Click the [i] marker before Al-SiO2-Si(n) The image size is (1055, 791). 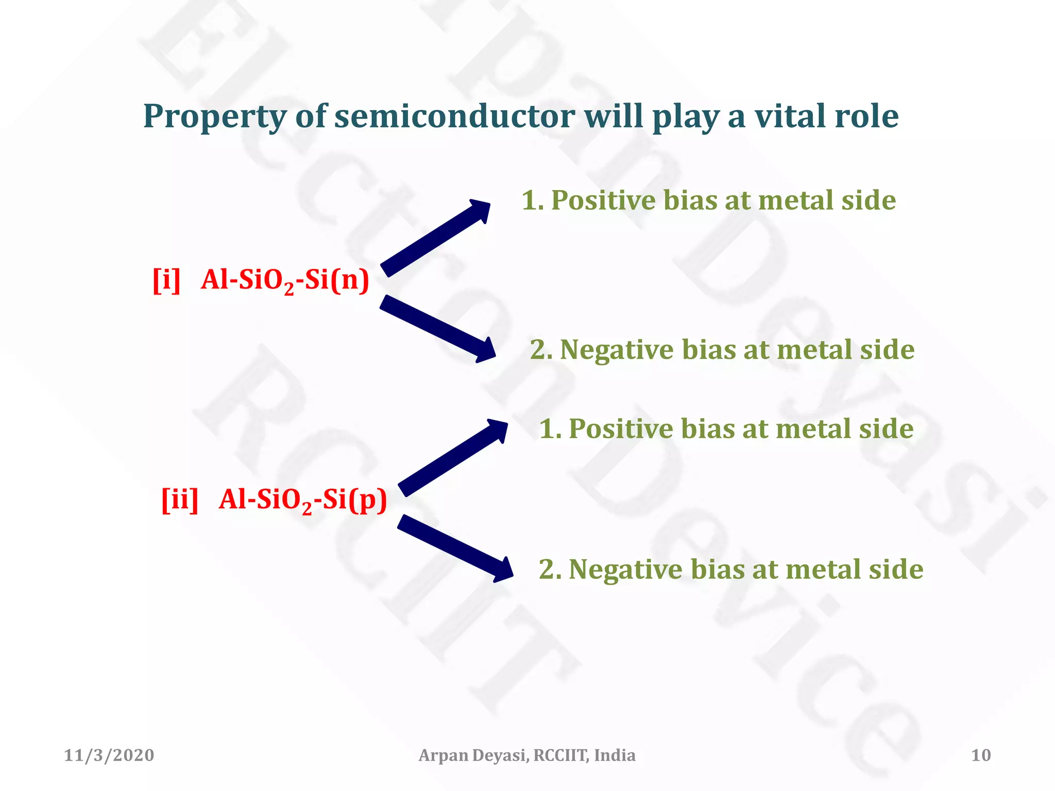[x=167, y=281]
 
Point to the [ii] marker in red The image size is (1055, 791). [x=180, y=499]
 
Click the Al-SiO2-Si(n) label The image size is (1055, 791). [x=285, y=281]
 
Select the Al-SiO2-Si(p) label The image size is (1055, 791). [x=302, y=500]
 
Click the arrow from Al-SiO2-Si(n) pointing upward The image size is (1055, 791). [x=436, y=238]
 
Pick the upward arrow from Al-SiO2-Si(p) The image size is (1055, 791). [x=453, y=457]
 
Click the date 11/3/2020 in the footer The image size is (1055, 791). [x=109, y=755]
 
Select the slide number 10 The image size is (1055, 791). [x=981, y=755]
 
